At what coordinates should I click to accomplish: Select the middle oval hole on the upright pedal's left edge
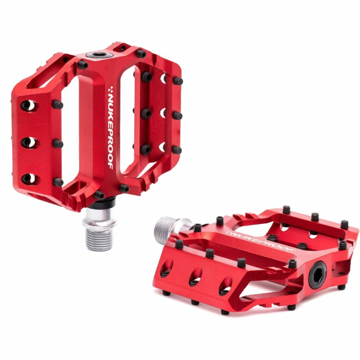coord(29,142)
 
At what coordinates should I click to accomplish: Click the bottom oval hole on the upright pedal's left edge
coord(29,178)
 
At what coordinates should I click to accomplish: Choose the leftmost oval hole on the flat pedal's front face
coord(166,269)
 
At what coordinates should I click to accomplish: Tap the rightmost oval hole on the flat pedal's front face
coord(225,286)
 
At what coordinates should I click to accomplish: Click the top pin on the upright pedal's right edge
coord(177,81)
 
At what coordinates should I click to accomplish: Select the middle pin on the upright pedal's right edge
coord(177,115)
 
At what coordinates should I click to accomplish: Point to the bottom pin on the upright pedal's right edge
coord(177,150)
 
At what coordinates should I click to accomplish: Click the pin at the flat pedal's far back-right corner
coord(344,224)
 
